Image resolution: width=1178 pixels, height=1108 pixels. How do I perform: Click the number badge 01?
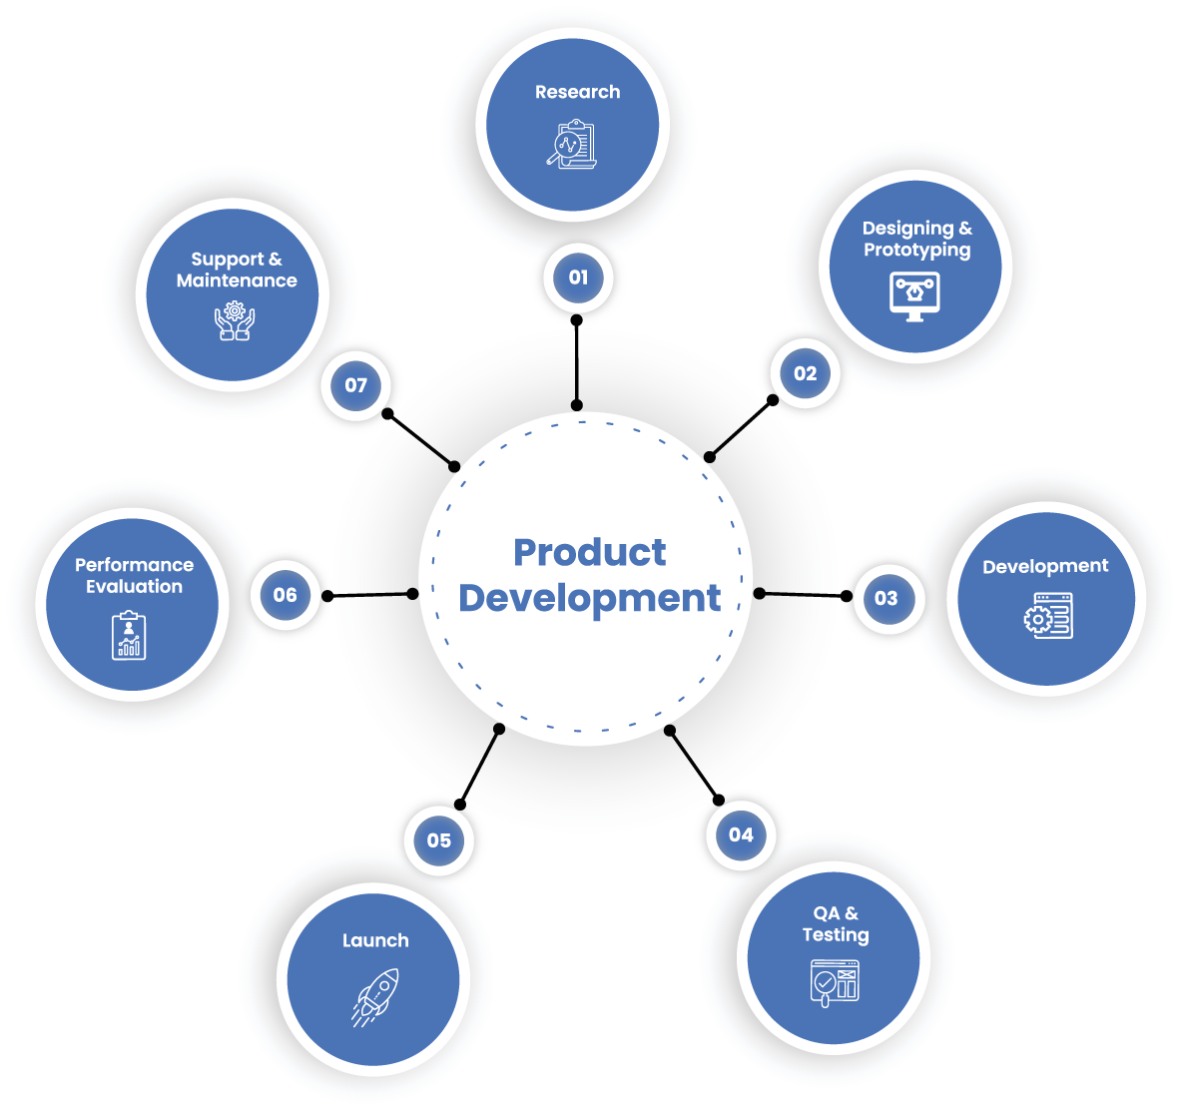click(x=578, y=277)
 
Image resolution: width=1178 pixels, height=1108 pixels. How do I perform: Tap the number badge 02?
click(x=805, y=373)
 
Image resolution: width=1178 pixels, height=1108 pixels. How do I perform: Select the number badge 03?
click(x=885, y=598)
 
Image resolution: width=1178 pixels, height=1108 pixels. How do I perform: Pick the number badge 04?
click(x=741, y=834)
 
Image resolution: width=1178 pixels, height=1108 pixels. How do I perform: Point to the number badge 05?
click(x=439, y=840)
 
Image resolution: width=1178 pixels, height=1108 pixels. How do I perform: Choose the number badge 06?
click(x=286, y=595)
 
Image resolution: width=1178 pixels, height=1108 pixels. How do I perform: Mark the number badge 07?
click(x=356, y=385)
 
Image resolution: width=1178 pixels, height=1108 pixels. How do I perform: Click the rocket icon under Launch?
click(x=375, y=995)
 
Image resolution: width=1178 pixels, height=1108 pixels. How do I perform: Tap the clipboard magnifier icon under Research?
click(x=572, y=145)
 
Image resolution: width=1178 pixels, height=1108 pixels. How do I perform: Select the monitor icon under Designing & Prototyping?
click(x=914, y=295)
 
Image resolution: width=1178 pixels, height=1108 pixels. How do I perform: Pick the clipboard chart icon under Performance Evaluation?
click(x=129, y=636)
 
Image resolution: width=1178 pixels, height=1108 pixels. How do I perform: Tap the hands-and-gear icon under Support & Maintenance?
click(x=235, y=320)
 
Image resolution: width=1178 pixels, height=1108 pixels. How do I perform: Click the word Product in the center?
click(x=589, y=552)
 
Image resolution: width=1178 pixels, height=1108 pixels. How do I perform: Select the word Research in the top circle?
click(x=577, y=92)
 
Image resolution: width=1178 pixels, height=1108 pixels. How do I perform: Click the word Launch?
click(x=375, y=940)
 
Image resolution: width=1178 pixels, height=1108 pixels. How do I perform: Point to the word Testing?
click(x=836, y=935)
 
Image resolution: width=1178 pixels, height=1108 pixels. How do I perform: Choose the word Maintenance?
click(x=237, y=280)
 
